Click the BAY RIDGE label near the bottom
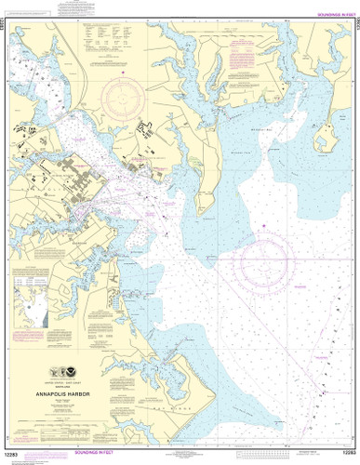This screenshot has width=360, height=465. [195, 393]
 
